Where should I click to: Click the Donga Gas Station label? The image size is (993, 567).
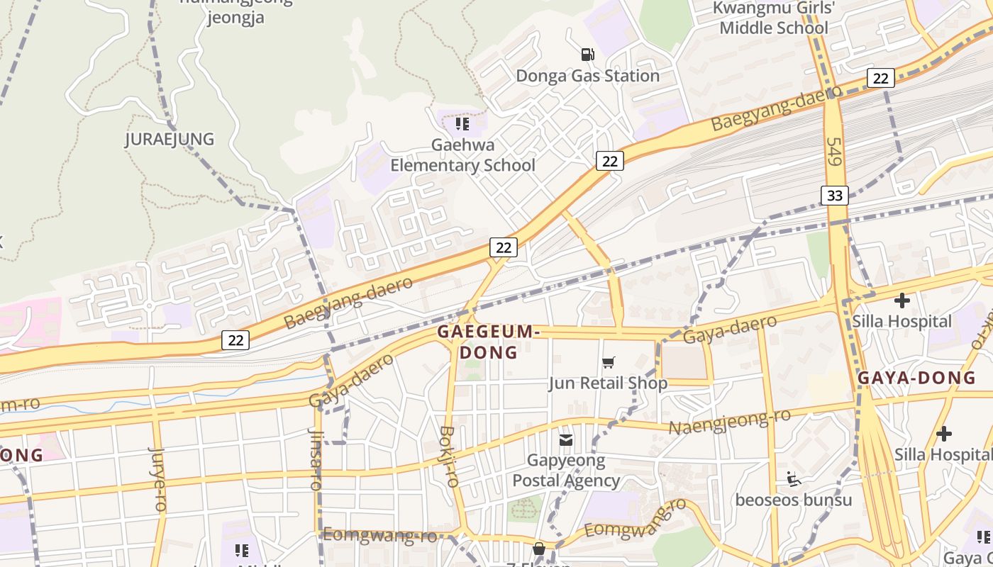[x=587, y=76]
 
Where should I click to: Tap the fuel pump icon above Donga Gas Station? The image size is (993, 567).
[x=587, y=54]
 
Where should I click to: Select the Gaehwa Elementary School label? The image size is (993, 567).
[x=462, y=155]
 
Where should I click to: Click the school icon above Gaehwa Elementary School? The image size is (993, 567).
[x=462, y=125]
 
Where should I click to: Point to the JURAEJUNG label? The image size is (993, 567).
[x=170, y=139]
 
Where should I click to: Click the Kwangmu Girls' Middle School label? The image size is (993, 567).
[x=774, y=18]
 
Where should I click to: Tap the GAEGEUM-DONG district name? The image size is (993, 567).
[x=489, y=342]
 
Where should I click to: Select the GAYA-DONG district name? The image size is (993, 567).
[x=916, y=378]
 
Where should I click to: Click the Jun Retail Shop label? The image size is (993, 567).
[x=608, y=383]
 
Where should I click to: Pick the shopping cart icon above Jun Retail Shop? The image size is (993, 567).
[x=608, y=363]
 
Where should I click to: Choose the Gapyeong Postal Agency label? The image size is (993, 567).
[x=566, y=471]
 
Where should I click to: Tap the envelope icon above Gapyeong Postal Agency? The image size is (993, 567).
[x=566, y=441]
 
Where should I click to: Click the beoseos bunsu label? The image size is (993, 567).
[x=793, y=500]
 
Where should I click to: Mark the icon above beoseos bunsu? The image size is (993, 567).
[x=794, y=480]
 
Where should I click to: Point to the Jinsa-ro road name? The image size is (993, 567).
[x=316, y=459]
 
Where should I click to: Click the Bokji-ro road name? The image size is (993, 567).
[x=448, y=456]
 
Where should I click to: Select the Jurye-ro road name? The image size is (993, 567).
[x=157, y=478]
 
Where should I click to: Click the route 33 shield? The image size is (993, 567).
[x=835, y=195]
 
